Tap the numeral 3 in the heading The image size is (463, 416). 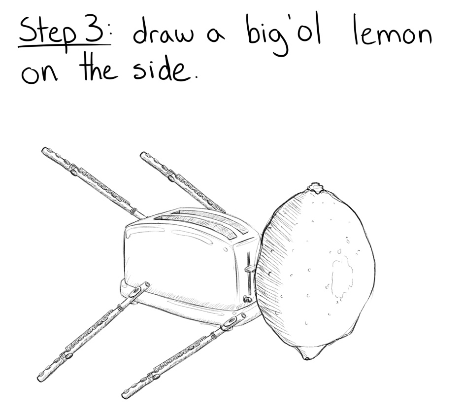point(93,30)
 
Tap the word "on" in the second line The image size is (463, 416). point(39,74)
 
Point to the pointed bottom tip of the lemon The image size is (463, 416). point(306,357)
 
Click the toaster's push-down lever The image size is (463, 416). point(250,269)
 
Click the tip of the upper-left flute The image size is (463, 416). point(45,151)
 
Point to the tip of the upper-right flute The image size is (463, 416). point(143,155)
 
